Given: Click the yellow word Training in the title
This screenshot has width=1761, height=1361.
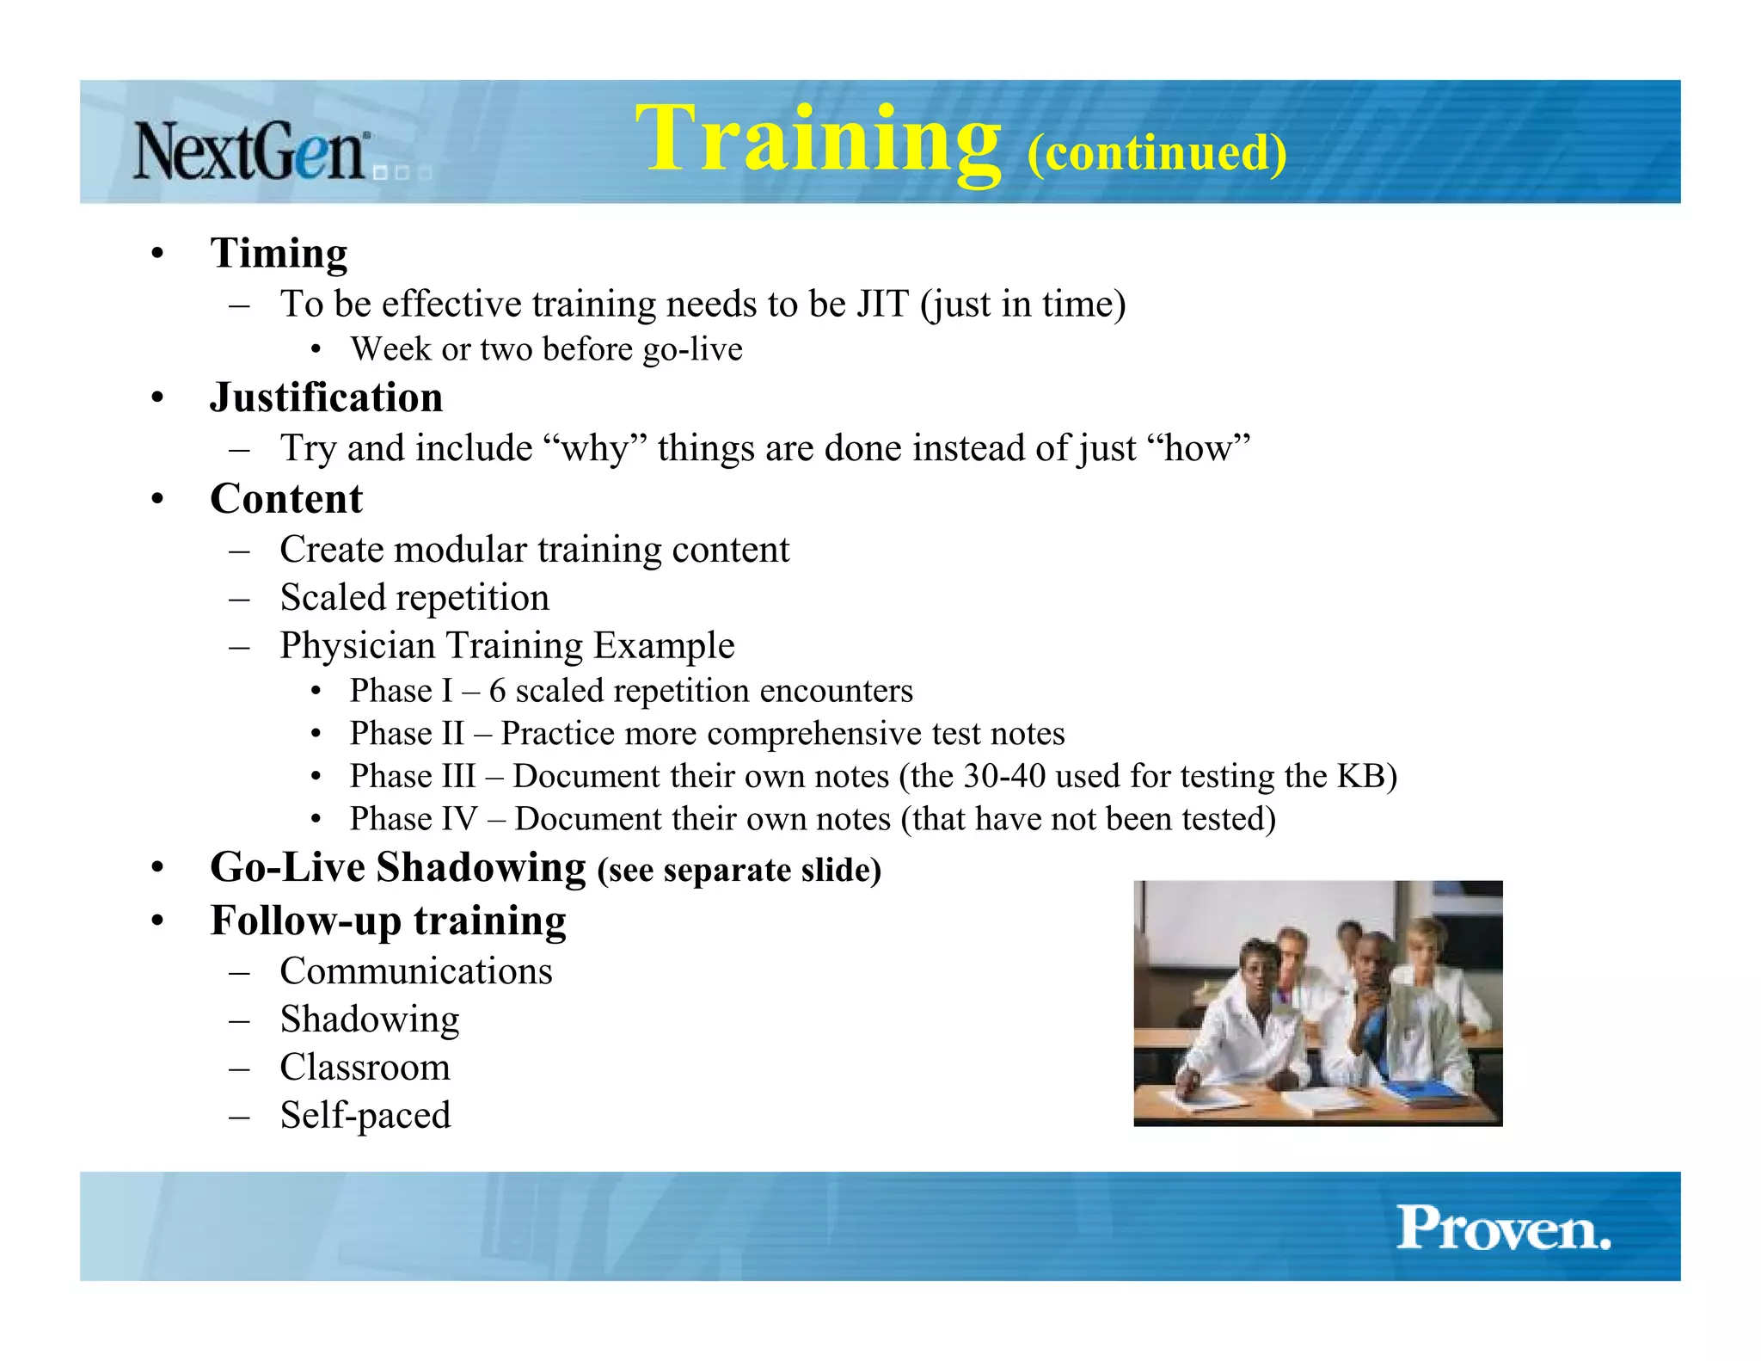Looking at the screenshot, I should click(818, 139).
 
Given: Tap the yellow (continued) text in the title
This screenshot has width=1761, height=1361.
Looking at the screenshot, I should click(1157, 153).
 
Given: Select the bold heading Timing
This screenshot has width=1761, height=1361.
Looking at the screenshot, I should click(279, 253).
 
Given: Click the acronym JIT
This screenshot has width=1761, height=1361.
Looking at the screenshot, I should click(882, 304).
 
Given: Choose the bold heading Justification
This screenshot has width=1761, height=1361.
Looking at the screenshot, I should click(326, 397).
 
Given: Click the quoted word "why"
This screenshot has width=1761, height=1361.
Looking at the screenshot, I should click(595, 448).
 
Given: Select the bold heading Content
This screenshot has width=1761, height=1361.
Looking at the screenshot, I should click(286, 499).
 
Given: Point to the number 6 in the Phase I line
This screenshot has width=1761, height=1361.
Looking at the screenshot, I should click(497, 691).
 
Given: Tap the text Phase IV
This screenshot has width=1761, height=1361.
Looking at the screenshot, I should click(413, 819).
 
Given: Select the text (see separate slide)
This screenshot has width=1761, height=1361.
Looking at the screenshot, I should click(739, 871).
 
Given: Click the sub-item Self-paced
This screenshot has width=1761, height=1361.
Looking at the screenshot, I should click(365, 1115).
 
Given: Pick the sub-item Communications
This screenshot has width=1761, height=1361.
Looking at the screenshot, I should click(416, 971).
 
